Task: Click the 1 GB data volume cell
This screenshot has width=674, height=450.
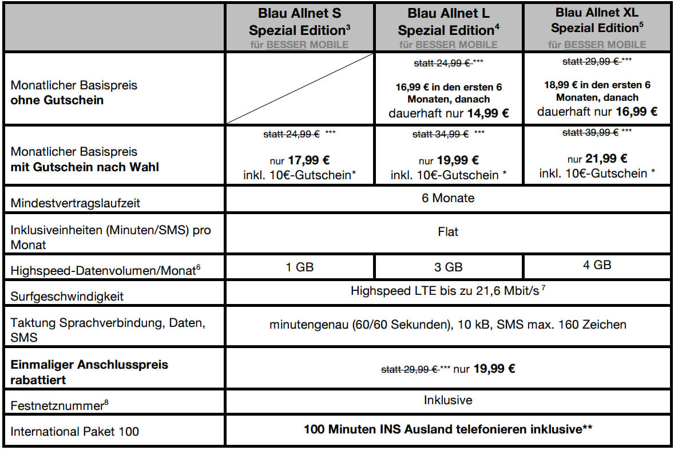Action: click(300, 267)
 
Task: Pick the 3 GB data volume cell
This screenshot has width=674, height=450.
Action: click(449, 267)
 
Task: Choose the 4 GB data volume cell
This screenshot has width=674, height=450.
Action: click(597, 265)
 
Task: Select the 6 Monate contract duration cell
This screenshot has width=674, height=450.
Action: click(449, 199)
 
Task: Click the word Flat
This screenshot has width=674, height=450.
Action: click(449, 232)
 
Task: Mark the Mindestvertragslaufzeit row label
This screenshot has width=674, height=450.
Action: click(74, 202)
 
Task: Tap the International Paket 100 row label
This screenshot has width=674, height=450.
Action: click(75, 431)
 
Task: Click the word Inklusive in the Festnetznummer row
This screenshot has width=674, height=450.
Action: click(449, 400)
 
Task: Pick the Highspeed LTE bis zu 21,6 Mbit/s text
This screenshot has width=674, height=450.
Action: click(446, 291)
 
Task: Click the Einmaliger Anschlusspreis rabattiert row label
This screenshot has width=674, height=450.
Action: click(90, 372)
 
